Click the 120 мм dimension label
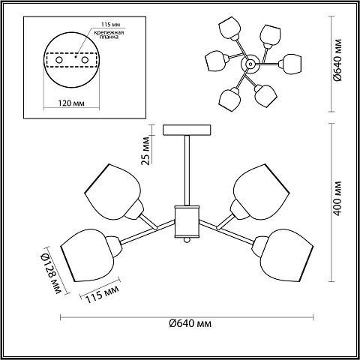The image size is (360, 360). pyautogui.click(x=71, y=103)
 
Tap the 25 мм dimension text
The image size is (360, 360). pyautogui.click(x=145, y=151)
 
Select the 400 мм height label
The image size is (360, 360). pyautogui.click(x=337, y=199)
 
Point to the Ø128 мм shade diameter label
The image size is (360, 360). pyautogui.click(x=51, y=273)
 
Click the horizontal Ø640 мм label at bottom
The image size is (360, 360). pyautogui.click(x=190, y=323)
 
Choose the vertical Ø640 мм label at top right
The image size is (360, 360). pyautogui.click(x=337, y=60)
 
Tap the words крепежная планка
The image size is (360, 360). pyautogui.click(x=109, y=34)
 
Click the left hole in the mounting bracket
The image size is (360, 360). pyautogui.click(x=59, y=60)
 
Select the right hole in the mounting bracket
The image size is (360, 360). pyautogui.click(x=85, y=60)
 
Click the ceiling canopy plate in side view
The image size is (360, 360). pyautogui.click(x=187, y=130)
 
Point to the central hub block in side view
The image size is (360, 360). pyautogui.click(x=187, y=221)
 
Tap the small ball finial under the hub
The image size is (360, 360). pyautogui.click(x=187, y=240)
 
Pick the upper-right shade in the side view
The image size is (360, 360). pyautogui.click(x=261, y=192)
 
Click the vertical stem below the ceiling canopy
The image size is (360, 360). pyautogui.click(x=187, y=170)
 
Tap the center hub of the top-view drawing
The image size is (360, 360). pyautogui.click(x=249, y=64)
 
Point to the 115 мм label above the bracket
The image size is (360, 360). pyautogui.click(x=110, y=25)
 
